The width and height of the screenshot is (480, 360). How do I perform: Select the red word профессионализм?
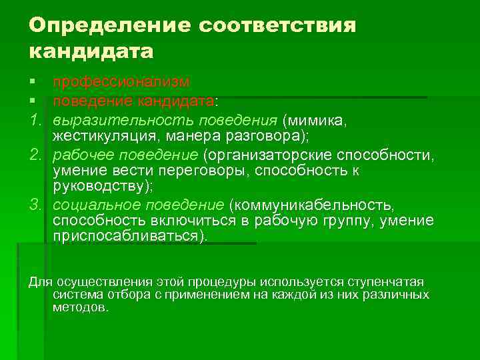pyautogui.click(x=121, y=81)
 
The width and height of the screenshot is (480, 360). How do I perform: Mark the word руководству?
pyautogui.click(x=100, y=186)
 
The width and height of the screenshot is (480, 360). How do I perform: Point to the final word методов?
pyautogui.click(x=79, y=308)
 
